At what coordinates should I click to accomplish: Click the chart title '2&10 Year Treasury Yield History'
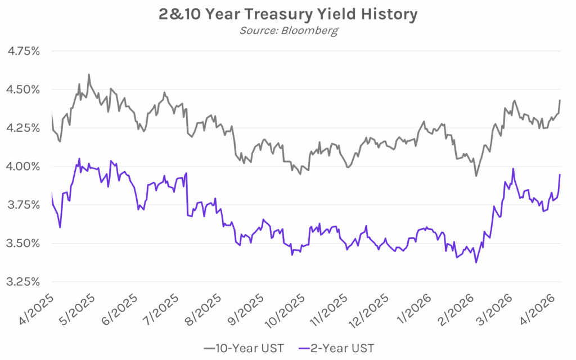[x=287, y=14]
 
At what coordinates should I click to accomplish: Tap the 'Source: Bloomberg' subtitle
[x=287, y=30]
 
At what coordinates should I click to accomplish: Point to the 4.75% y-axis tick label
[x=23, y=51]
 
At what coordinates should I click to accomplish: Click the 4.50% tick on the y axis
[x=23, y=89]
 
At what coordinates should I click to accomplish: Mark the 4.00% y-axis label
[x=23, y=166]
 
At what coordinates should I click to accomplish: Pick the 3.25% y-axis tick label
[x=23, y=282]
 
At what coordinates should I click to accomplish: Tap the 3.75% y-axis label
[x=23, y=205]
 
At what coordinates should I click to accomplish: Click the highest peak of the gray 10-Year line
[x=89, y=74]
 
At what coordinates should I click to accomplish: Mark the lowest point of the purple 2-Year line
[x=476, y=262]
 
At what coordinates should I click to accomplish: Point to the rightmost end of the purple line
[x=560, y=174]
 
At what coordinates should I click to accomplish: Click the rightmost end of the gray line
[x=560, y=100]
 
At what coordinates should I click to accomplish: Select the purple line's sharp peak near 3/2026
[x=513, y=168]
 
